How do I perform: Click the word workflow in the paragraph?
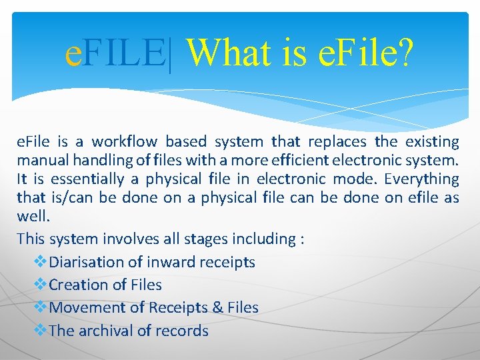click(125, 142)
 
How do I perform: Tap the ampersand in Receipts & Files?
click(216, 307)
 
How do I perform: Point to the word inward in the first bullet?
click(174, 262)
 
